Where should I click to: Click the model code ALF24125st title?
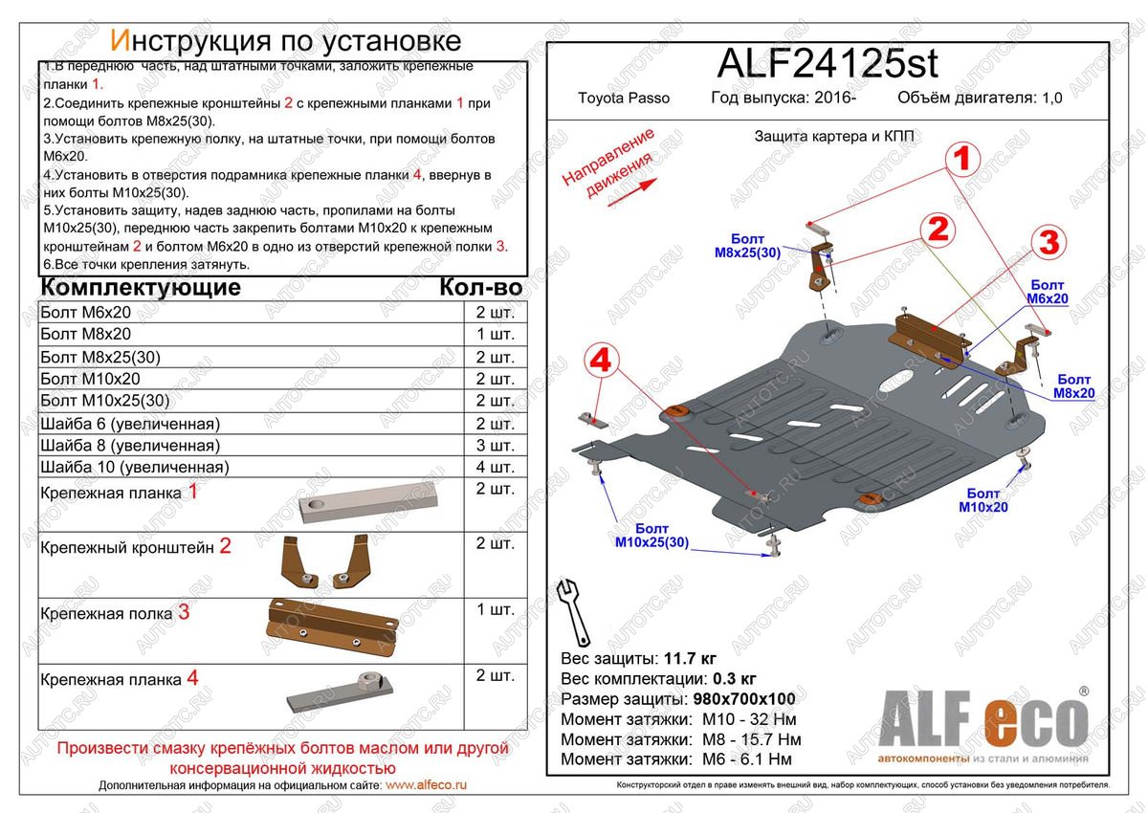point(828,63)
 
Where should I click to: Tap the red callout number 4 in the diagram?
point(600,362)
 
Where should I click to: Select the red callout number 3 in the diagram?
point(1049,243)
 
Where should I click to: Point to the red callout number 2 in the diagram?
point(938,229)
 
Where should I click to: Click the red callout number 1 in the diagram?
point(963,158)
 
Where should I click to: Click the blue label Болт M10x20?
point(982,500)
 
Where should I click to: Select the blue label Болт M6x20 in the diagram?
point(1048,292)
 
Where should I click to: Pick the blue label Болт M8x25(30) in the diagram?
point(748,246)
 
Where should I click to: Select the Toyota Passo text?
point(624,99)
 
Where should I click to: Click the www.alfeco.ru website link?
point(426,785)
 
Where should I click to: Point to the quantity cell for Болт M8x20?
point(494,335)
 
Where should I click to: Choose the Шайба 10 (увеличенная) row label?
point(135,467)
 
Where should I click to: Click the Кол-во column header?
point(480,288)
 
